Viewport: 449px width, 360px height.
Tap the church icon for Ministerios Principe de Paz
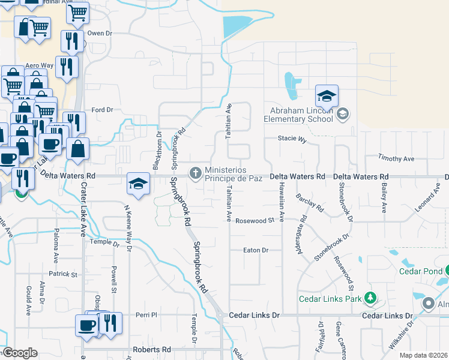pos(195,173)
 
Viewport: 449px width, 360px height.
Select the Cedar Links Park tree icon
pos(370,298)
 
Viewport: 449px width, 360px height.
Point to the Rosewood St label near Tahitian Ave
pos(255,220)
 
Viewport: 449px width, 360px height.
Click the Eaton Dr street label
pos(255,250)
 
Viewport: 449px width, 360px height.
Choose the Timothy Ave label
pos(396,158)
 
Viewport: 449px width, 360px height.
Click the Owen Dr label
pos(100,34)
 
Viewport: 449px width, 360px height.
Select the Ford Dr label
pos(102,110)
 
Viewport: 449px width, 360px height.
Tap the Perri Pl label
pos(146,314)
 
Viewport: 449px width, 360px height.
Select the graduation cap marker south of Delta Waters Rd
pos(138,183)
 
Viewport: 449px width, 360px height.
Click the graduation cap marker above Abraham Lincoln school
pos(327,96)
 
